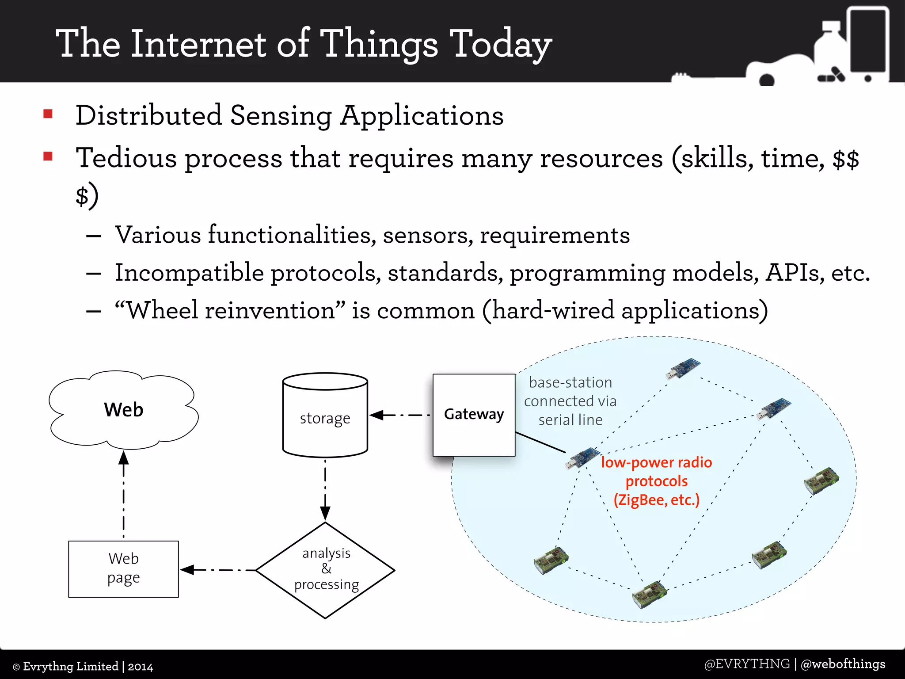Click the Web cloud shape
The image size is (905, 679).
point(123,409)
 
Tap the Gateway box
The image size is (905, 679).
point(474,415)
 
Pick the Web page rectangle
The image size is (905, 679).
point(123,568)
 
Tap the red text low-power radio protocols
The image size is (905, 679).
point(656,481)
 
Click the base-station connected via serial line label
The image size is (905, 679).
point(570,401)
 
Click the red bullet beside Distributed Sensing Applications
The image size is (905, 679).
point(48,114)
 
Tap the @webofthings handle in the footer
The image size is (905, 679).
point(843,664)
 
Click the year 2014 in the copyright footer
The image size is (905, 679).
point(141,667)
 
